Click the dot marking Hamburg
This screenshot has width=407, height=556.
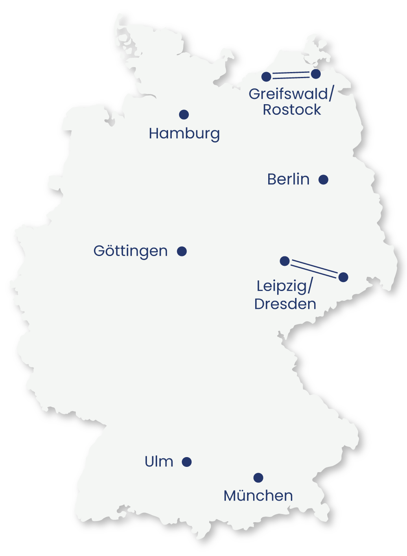(184, 114)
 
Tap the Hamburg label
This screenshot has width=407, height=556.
(184, 134)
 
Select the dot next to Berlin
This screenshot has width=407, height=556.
(324, 179)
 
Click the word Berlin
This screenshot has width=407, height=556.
(288, 179)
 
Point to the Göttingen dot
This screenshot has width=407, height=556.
(182, 251)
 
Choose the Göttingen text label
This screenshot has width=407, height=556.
(130, 251)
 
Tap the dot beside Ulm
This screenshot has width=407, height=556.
(187, 462)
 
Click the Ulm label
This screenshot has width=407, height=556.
(159, 462)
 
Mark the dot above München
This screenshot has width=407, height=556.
(258, 477)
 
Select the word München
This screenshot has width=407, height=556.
(258, 495)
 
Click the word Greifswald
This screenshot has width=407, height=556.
(288, 94)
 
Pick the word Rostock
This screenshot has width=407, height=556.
(292, 110)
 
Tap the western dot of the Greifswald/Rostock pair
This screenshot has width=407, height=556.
(266, 77)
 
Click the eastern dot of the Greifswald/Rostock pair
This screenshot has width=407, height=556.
(316, 74)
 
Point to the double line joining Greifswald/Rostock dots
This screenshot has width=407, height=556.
(291, 75)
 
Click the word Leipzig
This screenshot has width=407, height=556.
(282, 286)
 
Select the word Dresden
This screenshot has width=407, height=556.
(285, 304)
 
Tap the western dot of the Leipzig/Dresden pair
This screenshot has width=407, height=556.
(285, 261)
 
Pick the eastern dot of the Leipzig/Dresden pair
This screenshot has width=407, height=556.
(344, 277)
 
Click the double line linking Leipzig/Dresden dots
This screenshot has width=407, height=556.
(314, 269)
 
